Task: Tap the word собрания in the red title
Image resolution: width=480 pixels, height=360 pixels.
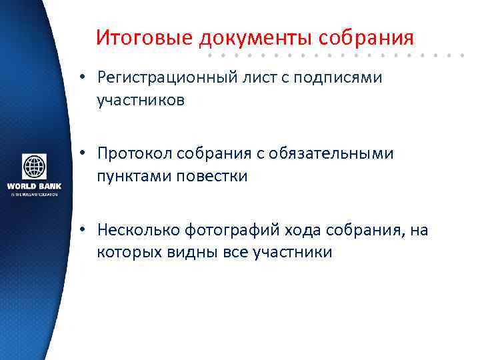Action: [x=367, y=37]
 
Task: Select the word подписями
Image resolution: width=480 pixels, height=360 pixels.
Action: [x=347, y=79]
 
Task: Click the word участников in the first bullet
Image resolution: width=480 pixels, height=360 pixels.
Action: [x=141, y=100]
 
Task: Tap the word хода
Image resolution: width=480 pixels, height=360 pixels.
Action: [x=305, y=231]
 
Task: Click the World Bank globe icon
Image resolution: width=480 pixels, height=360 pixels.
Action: [x=34, y=167]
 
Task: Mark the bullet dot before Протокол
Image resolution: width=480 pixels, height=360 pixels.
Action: [x=79, y=155]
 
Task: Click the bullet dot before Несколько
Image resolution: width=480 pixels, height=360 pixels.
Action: [x=79, y=231]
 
